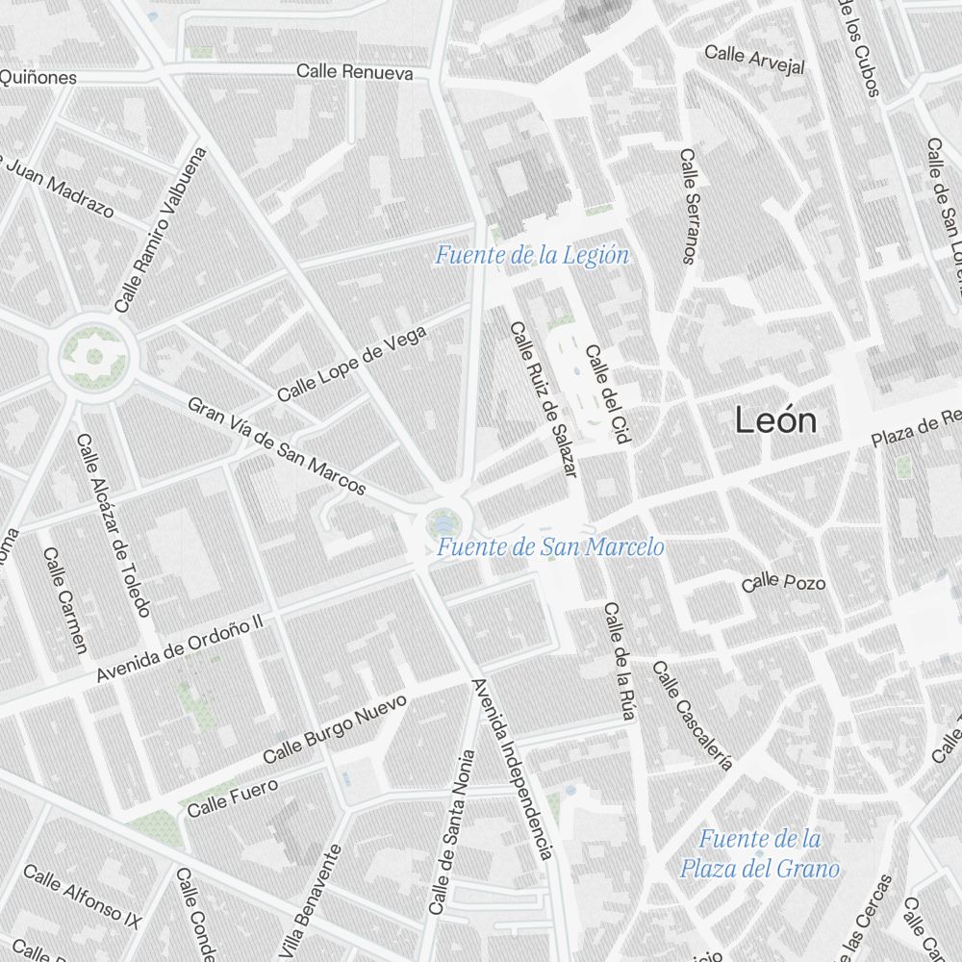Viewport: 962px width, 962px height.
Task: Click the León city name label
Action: [775, 420]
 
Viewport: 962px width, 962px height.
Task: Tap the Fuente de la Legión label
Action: [532, 256]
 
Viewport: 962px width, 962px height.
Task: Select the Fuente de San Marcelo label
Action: [550, 547]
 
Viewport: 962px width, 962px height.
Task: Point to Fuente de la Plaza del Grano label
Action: [759, 854]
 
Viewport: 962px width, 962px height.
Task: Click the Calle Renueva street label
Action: [354, 72]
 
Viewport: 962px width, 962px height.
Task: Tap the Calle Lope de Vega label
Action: [351, 364]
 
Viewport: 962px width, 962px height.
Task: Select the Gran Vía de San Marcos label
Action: [277, 446]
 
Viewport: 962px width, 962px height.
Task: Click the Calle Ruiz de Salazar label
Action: [544, 399]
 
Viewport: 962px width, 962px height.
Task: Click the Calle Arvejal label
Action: [754, 59]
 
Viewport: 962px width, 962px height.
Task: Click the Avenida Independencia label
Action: [512, 769]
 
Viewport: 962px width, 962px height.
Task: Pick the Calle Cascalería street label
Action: [692, 716]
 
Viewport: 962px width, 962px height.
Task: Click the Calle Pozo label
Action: [783, 582]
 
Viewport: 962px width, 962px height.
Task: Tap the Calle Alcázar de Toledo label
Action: [114, 525]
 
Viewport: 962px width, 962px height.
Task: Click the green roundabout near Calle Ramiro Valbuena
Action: [93, 357]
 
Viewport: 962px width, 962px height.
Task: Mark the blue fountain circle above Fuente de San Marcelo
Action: [443, 522]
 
